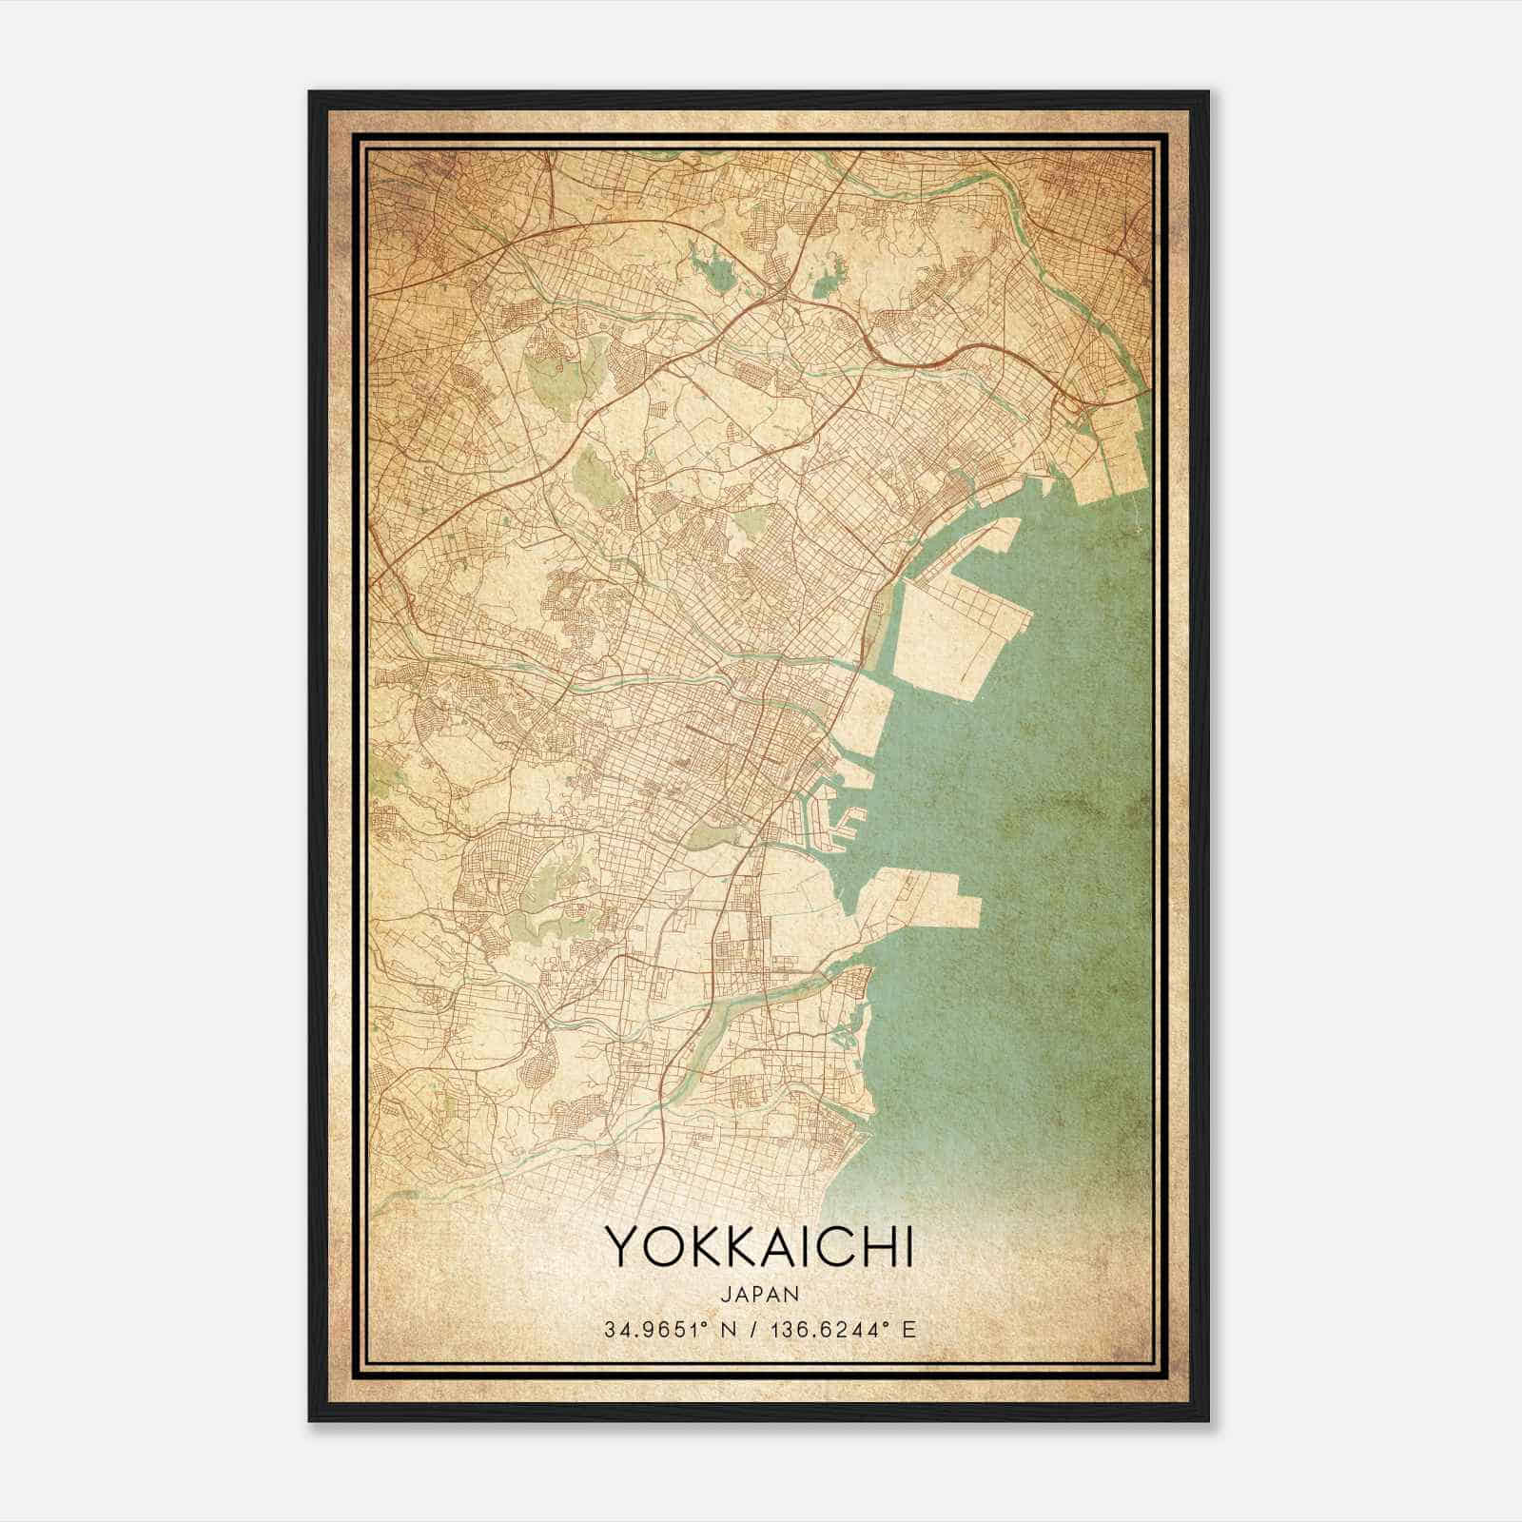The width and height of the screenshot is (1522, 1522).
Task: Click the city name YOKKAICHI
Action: pos(759,1246)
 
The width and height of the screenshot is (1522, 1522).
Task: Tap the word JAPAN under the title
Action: pos(759,1294)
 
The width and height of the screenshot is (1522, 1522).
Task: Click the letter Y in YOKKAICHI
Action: pos(619,1246)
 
